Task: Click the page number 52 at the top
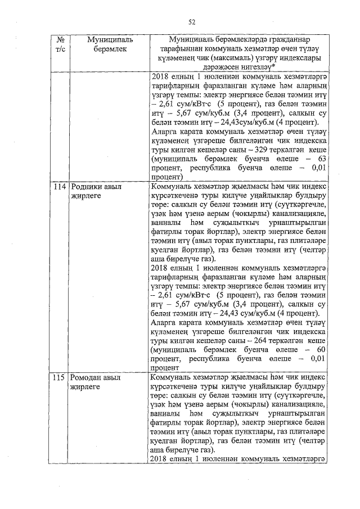pyautogui.click(x=191, y=22)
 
